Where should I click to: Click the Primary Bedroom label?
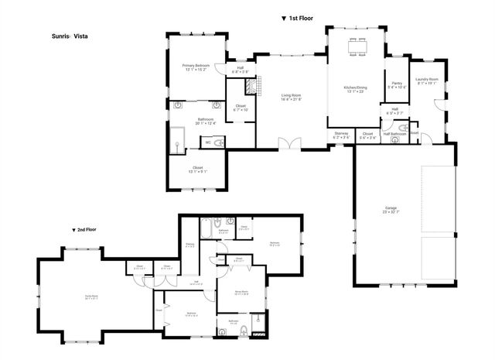click(x=196, y=66)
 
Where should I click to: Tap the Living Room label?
click(x=291, y=95)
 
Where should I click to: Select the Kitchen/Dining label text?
click(x=356, y=87)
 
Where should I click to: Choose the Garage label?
click(x=391, y=207)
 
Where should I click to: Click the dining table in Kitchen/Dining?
click(x=357, y=47)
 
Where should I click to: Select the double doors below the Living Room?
click(x=290, y=144)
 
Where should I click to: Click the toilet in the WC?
click(x=219, y=142)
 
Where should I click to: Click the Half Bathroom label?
click(x=394, y=134)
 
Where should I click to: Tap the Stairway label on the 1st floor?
click(x=340, y=133)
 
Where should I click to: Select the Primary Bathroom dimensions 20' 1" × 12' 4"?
click(x=196, y=122)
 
